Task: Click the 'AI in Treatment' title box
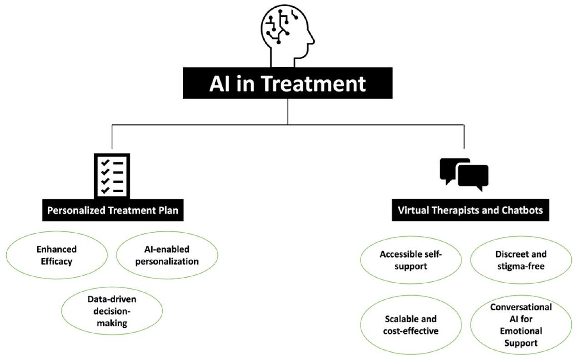point(287,84)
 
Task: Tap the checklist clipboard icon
point(112,176)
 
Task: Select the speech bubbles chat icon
point(463,173)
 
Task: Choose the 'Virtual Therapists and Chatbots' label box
point(470,211)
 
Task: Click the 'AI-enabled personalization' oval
point(167,255)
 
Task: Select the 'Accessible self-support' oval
point(410,260)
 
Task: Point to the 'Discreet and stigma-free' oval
point(520,260)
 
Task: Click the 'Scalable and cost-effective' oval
point(410,325)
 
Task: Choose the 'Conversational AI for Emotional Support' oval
point(521,325)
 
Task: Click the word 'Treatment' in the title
point(322,84)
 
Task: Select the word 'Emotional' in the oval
point(521,331)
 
